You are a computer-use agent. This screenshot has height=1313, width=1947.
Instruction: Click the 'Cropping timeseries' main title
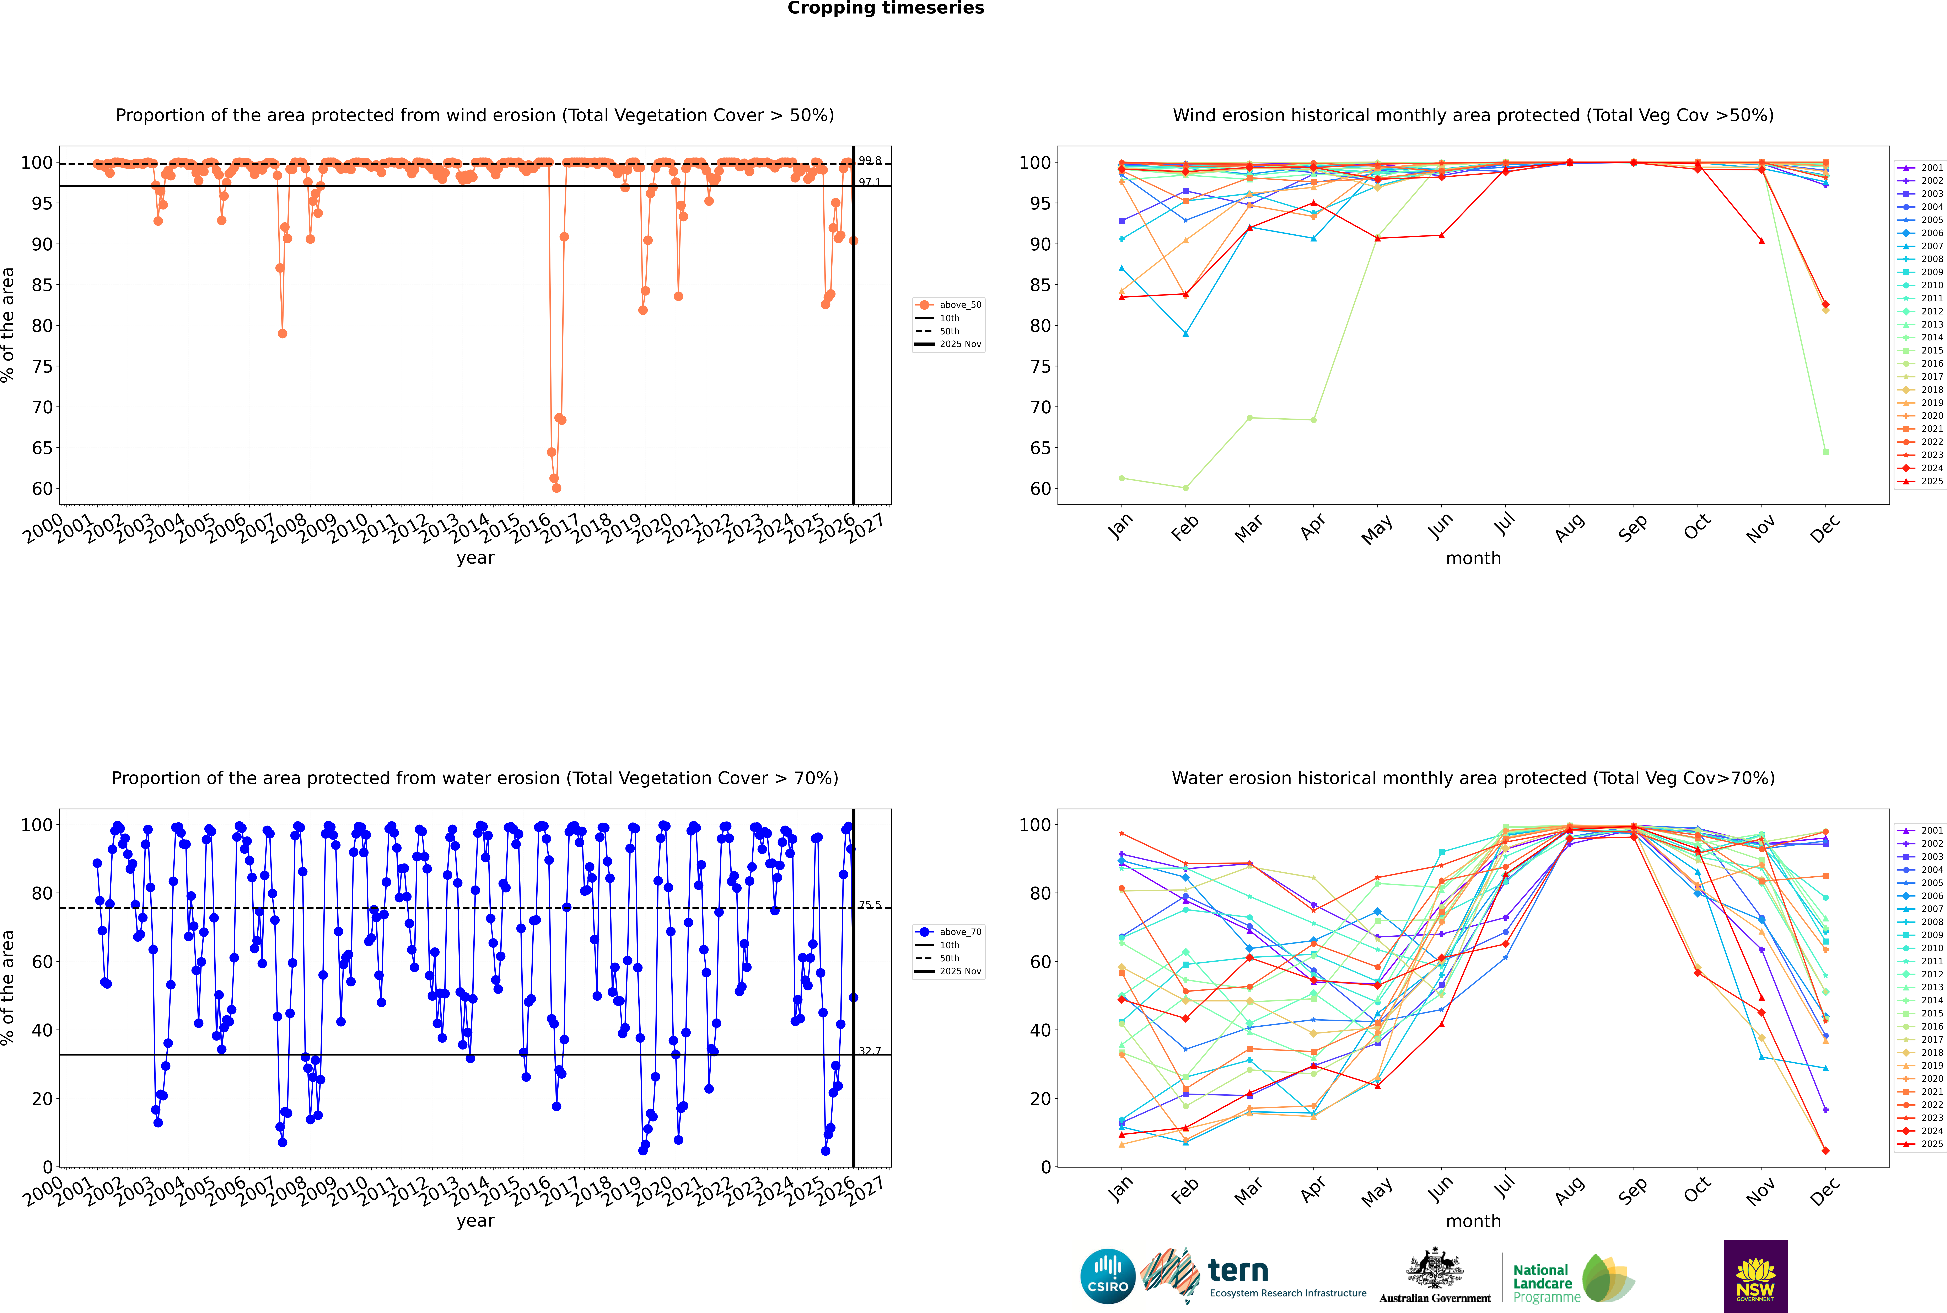(886, 8)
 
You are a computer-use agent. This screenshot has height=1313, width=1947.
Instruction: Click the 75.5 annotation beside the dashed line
(870, 905)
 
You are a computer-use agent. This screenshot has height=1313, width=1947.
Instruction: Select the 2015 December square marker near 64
(1826, 452)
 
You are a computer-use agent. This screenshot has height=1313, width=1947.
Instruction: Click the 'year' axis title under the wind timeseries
(475, 558)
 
